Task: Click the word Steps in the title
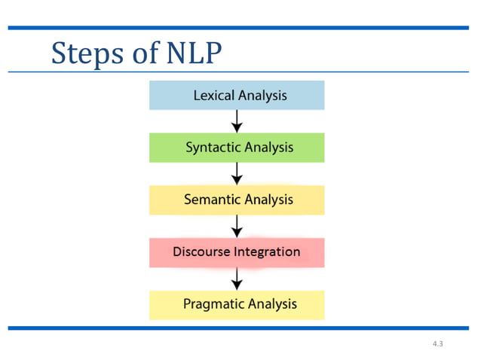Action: (83, 53)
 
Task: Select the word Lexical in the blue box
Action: (214, 96)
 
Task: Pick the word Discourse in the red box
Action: (202, 252)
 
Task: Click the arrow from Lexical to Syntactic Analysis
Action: (237, 121)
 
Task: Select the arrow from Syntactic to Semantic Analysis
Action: (237, 174)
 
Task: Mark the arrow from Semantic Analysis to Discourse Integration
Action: (237, 226)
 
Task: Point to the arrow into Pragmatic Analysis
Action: (237, 279)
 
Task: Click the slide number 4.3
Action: (438, 343)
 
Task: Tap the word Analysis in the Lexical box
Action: (262, 96)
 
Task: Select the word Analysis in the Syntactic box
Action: (269, 148)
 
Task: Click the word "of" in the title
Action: (136, 53)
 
